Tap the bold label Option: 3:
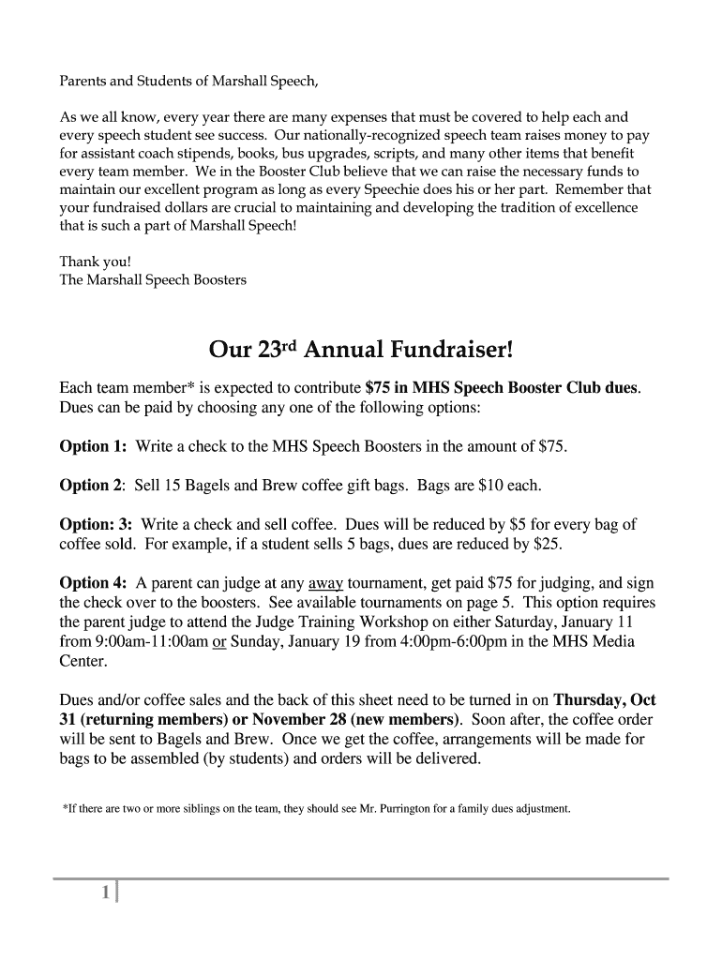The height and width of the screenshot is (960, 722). click(96, 524)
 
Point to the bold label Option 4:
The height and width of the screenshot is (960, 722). click(93, 582)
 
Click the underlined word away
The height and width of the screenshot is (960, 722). click(325, 582)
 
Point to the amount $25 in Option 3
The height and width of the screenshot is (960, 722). click(548, 544)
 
